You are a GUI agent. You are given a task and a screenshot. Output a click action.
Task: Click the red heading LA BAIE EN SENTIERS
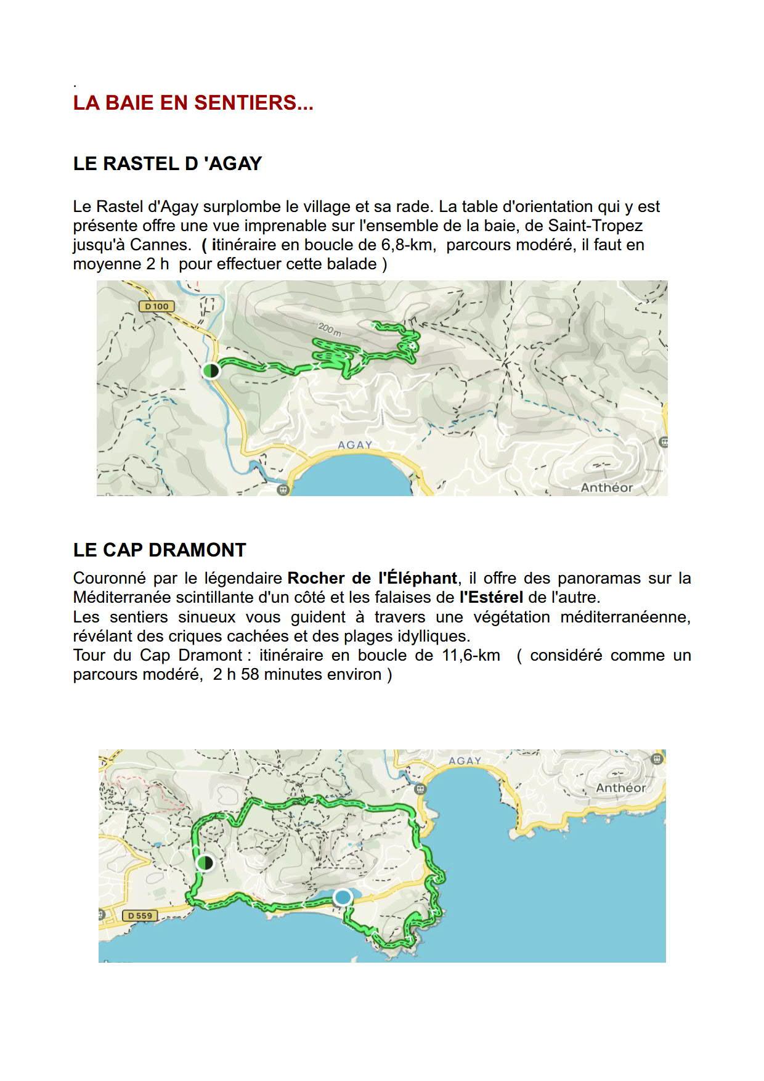pos(193,103)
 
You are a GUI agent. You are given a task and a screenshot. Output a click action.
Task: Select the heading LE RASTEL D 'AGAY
pos(168,163)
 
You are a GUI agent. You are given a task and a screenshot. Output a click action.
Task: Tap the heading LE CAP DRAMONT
pos(160,550)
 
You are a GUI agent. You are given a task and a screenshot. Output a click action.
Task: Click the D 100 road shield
pos(156,306)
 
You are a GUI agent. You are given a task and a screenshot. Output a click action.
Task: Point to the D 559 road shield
pos(139,915)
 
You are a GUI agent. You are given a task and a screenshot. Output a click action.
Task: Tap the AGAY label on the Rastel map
pos(356,444)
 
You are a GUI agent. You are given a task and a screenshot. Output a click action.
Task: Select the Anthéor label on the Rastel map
pos(606,487)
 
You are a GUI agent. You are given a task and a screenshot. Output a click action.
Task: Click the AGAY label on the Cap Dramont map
pos(465,761)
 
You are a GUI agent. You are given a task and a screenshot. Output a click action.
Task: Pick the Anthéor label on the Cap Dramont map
pos(620,788)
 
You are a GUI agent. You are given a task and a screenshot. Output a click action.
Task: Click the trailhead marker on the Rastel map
pos(211,370)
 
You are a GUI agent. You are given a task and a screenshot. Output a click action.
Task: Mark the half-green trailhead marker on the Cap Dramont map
pos(205,863)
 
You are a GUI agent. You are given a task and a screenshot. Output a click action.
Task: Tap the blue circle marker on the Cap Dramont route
pos(343,897)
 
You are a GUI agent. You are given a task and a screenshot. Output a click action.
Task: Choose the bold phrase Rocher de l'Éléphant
pos(372,578)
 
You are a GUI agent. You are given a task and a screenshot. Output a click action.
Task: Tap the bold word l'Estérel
pos(491,597)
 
